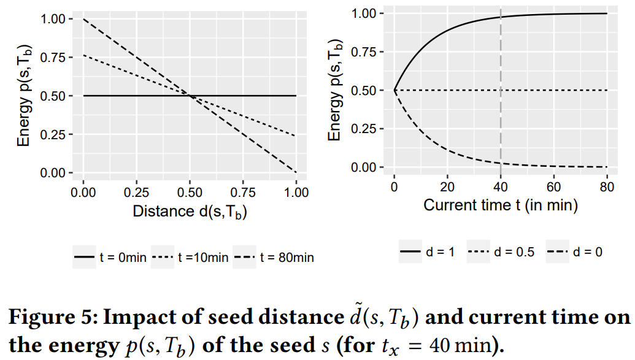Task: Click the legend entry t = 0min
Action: pyautogui.click(x=110, y=258)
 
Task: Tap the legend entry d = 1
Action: pyautogui.click(x=428, y=252)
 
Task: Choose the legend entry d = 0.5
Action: pyautogui.click(x=500, y=252)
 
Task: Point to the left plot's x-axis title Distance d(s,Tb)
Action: pyautogui.click(x=190, y=212)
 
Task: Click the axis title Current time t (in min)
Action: pyautogui.click(x=500, y=205)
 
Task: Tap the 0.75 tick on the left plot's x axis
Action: pyautogui.click(x=243, y=192)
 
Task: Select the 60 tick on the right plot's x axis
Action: pyautogui.click(x=554, y=186)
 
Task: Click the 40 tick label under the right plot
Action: pyautogui.click(x=501, y=186)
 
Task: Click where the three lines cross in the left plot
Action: pyautogui.click(x=190, y=96)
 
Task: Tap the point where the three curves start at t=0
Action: pyautogui.click(x=394, y=91)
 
